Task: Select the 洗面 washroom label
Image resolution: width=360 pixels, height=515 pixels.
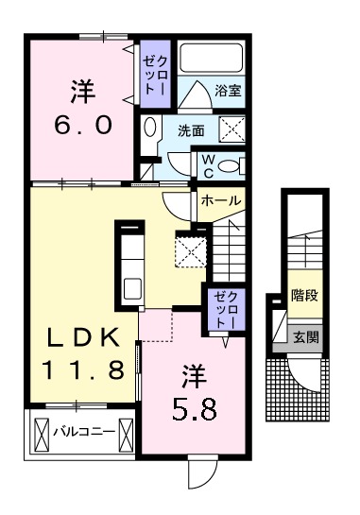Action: click(193, 130)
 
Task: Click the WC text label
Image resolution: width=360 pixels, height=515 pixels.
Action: click(205, 165)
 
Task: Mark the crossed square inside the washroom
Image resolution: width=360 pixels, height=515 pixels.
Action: click(231, 129)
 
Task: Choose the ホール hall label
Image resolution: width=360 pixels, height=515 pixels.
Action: click(220, 201)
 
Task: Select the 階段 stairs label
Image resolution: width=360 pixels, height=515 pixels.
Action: click(303, 295)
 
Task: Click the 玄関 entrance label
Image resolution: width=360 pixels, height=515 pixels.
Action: click(304, 335)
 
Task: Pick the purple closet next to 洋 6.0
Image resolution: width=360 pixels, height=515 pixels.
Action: click(153, 73)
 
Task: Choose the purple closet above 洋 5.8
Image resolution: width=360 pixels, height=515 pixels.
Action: click(219, 308)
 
